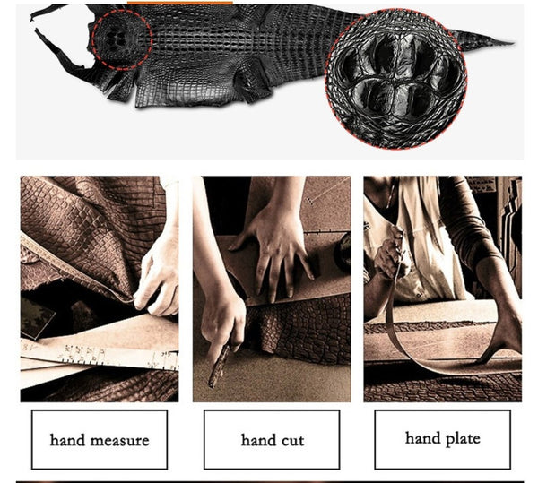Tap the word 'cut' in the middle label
(291, 441)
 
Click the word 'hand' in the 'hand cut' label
(256, 440)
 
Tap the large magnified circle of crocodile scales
(395, 79)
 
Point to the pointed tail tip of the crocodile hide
(513, 43)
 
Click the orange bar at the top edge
(180, 3)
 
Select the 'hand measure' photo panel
(100, 289)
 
